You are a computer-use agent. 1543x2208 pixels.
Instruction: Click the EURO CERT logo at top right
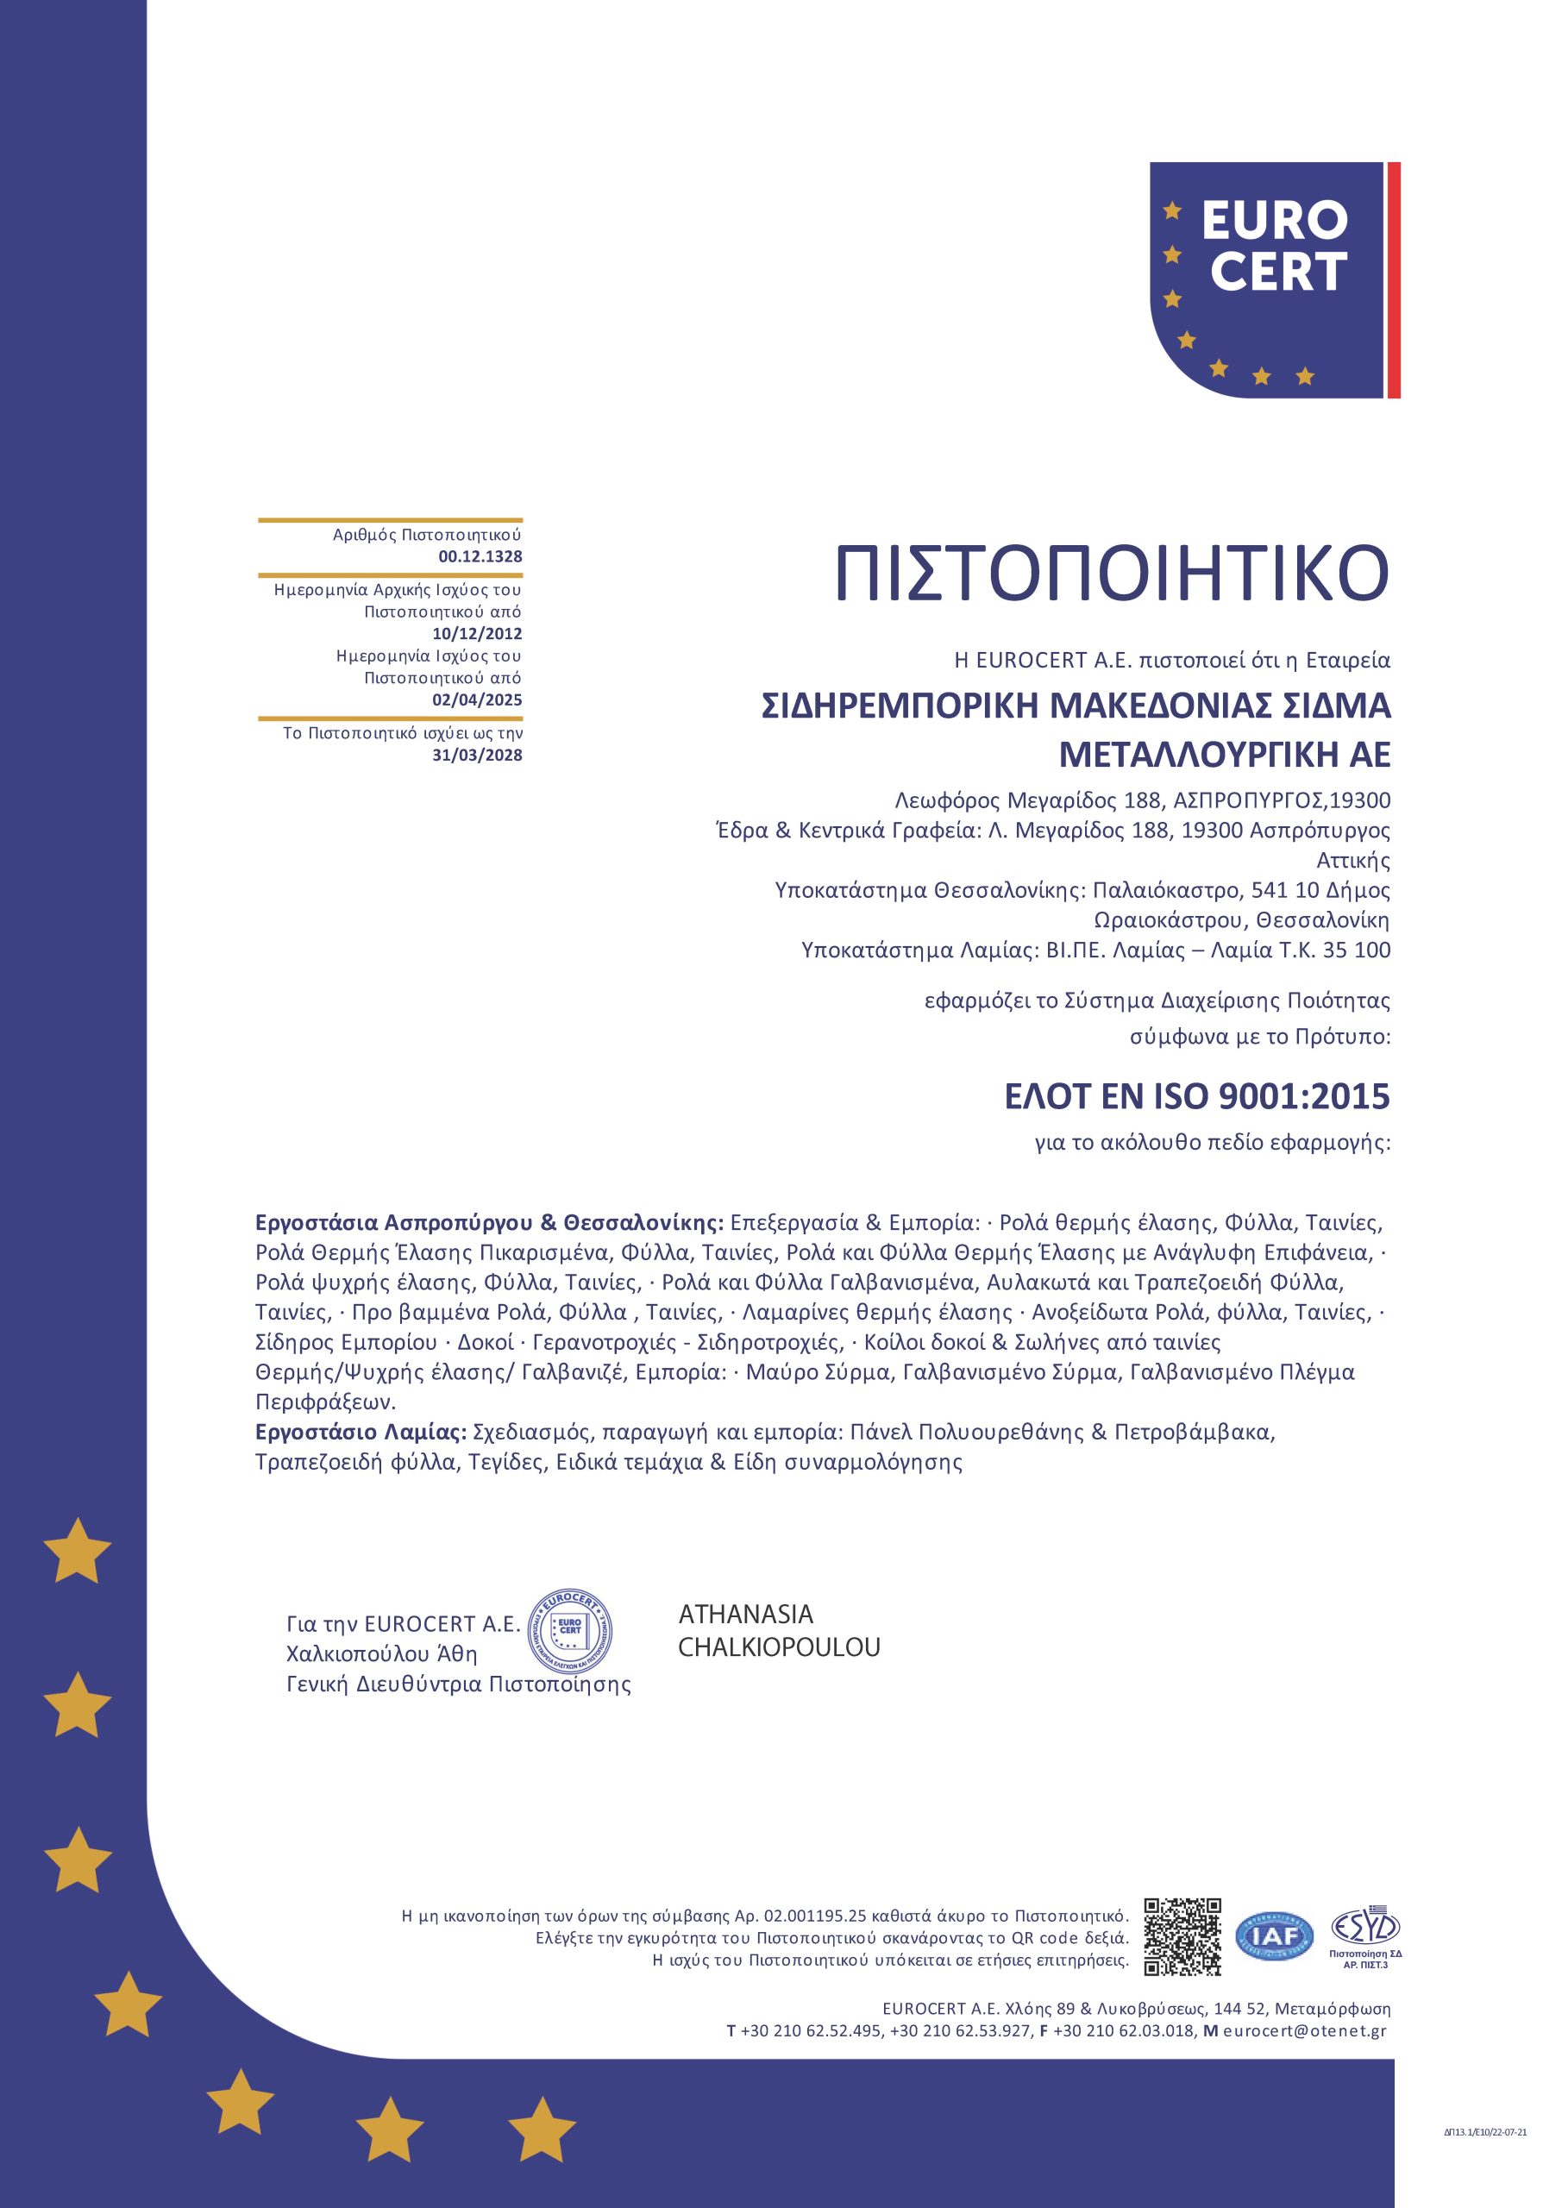pos(1273,279)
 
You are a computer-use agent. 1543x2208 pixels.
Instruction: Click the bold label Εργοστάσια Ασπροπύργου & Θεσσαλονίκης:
pos(488,1223)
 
